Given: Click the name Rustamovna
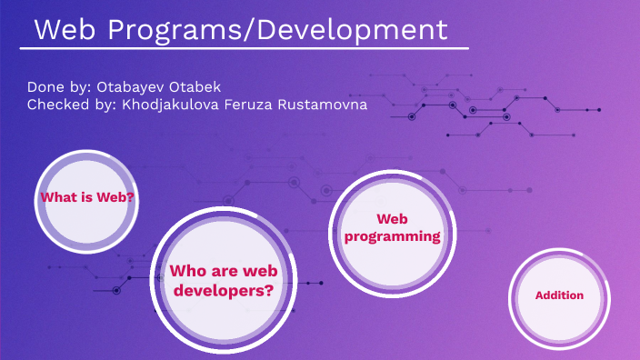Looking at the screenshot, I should coord(328,105).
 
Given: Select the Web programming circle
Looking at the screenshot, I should coord(391,228).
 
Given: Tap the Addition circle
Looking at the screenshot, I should coord(559,296).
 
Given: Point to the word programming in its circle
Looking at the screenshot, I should coord(391,236).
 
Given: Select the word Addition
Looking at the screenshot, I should coord(559,295).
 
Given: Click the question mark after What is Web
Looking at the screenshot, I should coord(131,197).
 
